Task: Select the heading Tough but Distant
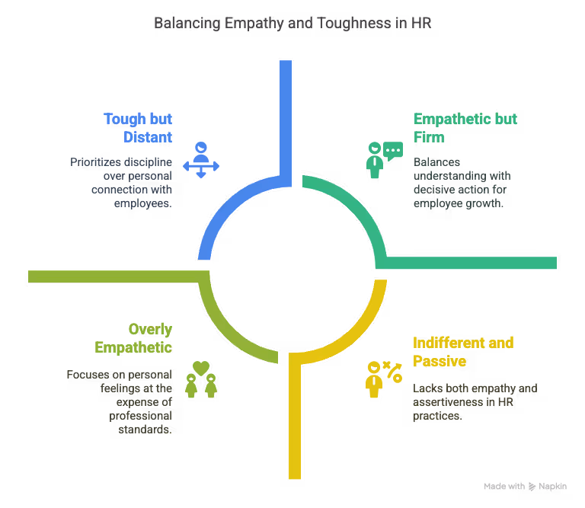pos(138,128)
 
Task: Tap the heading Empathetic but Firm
pos(465,128)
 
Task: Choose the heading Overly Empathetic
pos(133,338)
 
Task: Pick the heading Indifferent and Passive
pos(463,351)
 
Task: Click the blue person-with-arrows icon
pos(200,159)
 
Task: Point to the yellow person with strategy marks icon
pos(383,379)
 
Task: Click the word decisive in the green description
pos(437,190)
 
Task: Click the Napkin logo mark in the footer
pos(532,486)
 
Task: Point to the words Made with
pos(504,486)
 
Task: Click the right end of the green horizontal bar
pos(555,263)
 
